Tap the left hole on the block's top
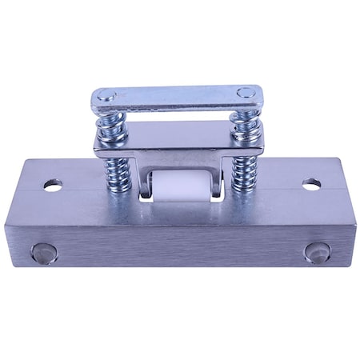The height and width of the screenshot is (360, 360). (x=53, y=186)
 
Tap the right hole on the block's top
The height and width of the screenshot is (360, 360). (x=311, y=184)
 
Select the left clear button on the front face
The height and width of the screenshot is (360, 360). (x=44, y=254)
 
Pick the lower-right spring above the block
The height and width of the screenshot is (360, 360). (x=242, y=172)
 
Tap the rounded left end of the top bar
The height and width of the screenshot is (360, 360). (x=95, y=101)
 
